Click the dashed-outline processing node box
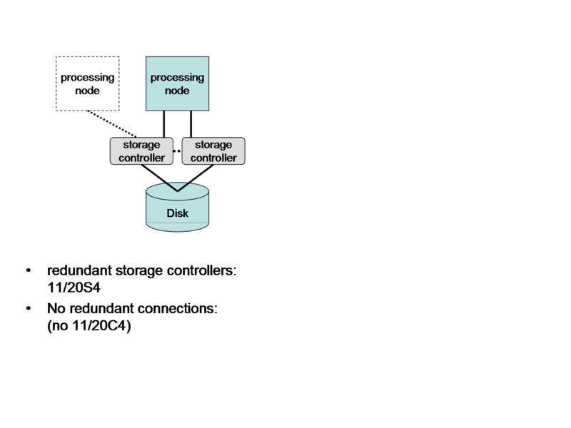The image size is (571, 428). click(87, 83)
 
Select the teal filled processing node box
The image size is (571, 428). click(178, 83)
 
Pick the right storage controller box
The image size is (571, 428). click(213, 151)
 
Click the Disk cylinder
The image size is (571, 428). click(177, 207)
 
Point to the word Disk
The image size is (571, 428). click(177, 213)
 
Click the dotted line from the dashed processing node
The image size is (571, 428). click(111, 123)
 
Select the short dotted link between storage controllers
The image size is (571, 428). click(177, 151)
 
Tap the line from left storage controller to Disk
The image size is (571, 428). click(158, 178)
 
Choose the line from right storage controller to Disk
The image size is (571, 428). click(196, 178)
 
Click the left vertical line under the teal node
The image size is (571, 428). click(165, 124)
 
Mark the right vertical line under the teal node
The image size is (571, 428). click(191, 124)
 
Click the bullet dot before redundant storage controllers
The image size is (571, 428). click(28, 272)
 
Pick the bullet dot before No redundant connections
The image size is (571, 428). click(28, 310)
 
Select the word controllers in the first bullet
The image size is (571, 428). click(197, 271)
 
